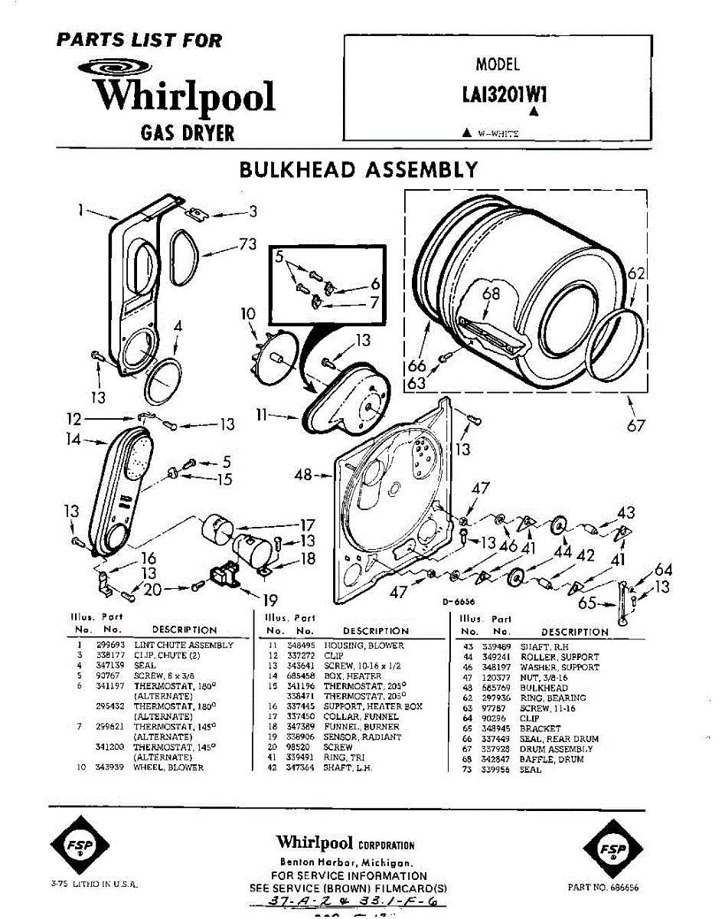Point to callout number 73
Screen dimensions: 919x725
pos(247,244)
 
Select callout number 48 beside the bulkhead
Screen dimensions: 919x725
pos(303,475)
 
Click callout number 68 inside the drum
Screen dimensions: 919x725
pos(490,293)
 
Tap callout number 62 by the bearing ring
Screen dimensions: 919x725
pos(636,273)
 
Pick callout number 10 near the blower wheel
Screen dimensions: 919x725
pos(247,314)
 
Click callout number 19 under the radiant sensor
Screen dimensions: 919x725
pos(269,600)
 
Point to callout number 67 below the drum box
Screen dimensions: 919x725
pos(636,426)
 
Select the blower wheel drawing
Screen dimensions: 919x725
pos(273,355)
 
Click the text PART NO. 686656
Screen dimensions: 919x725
pos(603,887)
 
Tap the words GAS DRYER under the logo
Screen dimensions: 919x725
pos(188,133)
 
